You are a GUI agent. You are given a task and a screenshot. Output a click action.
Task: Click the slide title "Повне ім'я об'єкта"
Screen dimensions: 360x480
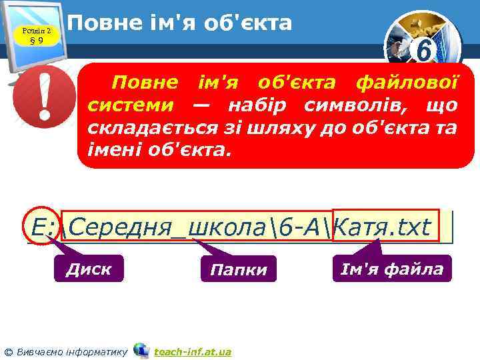point(180,23)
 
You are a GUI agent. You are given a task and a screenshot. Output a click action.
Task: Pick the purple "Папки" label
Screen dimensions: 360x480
point(238,269)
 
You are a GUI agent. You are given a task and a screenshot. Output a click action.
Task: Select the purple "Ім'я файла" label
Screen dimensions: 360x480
point(392,269)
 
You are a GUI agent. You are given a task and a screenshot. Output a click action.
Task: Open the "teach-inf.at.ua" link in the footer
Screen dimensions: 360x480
point(193,351)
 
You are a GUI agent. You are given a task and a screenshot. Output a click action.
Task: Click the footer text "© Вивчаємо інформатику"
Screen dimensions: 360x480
point(67,351)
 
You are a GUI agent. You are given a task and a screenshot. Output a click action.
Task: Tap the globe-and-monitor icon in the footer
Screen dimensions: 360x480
point(141,350)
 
